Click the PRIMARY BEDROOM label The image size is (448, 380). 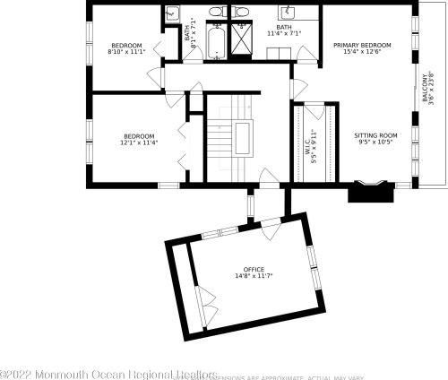(362, 45)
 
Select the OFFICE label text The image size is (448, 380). (254, 269)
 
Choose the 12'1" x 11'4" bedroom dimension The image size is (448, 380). (139, 142)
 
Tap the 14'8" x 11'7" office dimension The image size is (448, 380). (254, 277)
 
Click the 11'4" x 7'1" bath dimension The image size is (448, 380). (284, 34)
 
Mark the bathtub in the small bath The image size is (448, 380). (217, 43)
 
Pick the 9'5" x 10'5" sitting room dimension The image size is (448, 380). (376, 142)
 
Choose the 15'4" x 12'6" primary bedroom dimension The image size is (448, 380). (362, 53)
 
